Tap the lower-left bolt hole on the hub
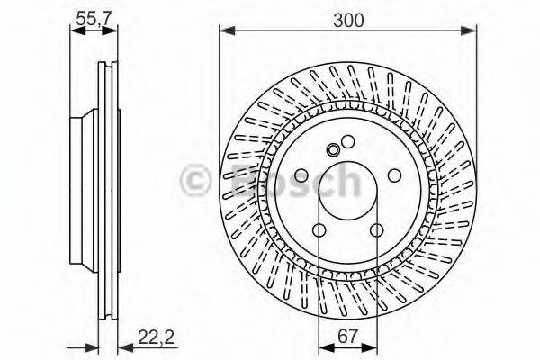coord(319,230)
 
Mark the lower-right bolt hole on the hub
coord(375,230)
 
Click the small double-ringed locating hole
coord(333,149)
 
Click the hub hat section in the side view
coord(84,189)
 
